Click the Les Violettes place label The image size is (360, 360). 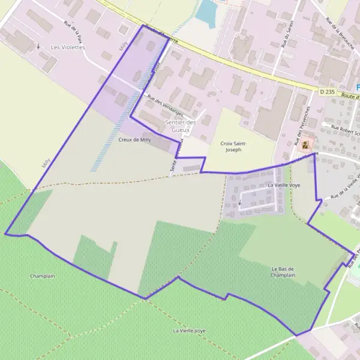click(x=68, y=47)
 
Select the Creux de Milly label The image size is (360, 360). click(x=134, y=139)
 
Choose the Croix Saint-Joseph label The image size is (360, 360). click(x=230, y=146)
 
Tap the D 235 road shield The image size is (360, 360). click(x=326, y=91)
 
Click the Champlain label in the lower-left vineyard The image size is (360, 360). click(x=43, y=276)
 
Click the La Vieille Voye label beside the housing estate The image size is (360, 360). click(x=284, y=186)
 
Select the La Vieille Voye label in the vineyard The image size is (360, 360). click(x=189, y=331)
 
